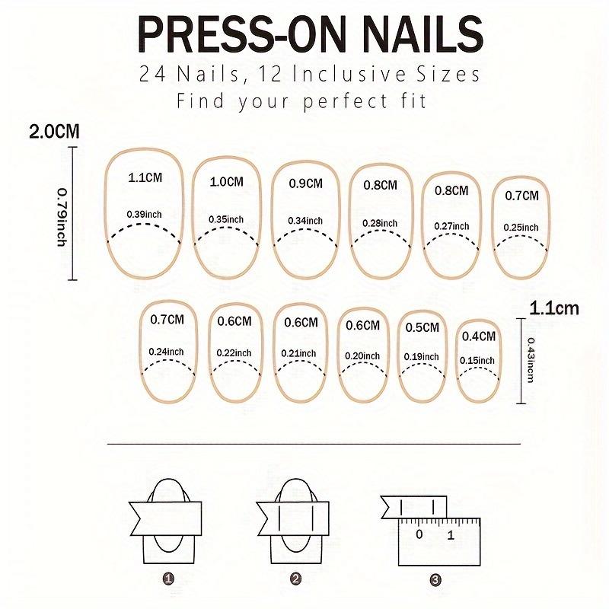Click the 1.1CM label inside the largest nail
[x=145, y=178]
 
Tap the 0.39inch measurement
[x=145, y=215]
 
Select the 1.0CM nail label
[x=228, y=182]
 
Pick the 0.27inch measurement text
[x=451, y=226]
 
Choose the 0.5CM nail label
[x=422, y=327]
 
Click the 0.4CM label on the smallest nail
[x=479, y=336]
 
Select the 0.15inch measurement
[x=479, y=360]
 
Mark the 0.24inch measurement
[x=167, y=351]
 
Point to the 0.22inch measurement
[x=234, y=352]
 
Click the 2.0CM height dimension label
[x=54, y=132]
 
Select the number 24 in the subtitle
[x=151, y=75]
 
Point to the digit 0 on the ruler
[x=419, y=534]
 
